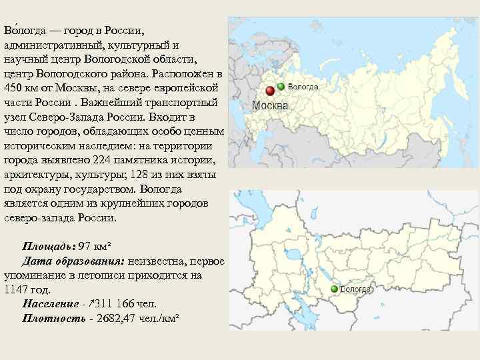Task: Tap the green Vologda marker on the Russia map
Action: point(281,87)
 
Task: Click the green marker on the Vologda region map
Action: point(333,289)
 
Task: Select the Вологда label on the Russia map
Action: point(303,87)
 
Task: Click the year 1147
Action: point(17,290)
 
